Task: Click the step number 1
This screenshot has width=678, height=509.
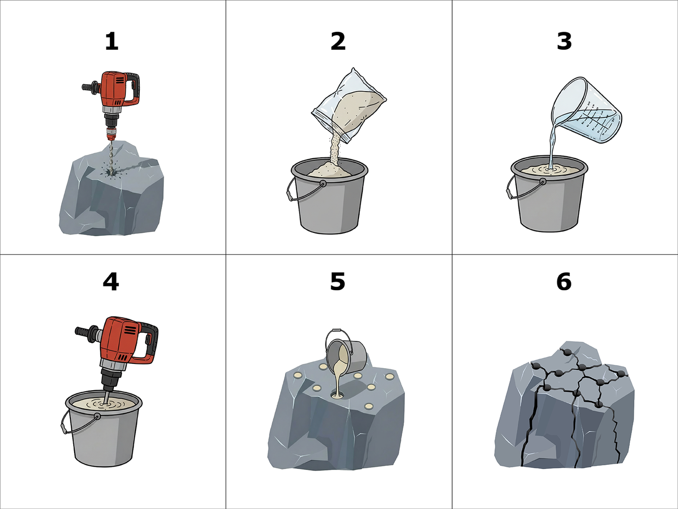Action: tap(112, 42)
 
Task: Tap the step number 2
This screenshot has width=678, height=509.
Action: tap(338, 42)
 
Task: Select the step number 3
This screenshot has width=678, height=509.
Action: tap(564, 42)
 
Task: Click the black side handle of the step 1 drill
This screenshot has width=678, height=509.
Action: tap(90, 86)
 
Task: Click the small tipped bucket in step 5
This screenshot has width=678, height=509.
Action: tap(345, 352)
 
